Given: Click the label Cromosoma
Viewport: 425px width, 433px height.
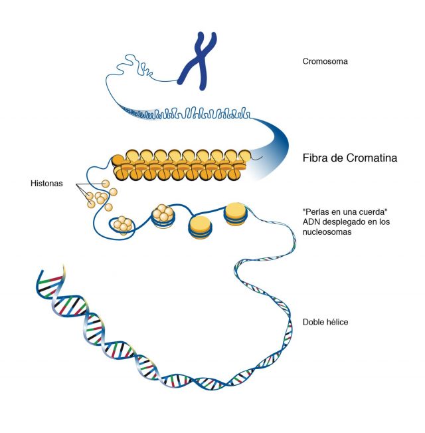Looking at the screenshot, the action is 325,61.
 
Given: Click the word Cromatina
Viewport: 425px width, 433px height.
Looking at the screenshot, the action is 371,158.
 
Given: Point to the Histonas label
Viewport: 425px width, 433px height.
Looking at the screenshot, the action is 46,184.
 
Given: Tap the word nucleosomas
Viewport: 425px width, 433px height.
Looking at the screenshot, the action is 327,231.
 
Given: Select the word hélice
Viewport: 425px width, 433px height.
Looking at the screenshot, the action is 337,322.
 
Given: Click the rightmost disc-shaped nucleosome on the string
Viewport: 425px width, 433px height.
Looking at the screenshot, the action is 235,214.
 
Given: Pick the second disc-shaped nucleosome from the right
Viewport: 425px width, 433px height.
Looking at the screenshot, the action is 200,227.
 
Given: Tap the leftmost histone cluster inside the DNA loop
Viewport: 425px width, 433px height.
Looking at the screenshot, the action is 122,224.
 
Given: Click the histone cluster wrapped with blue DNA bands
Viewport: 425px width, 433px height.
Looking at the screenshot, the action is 163,216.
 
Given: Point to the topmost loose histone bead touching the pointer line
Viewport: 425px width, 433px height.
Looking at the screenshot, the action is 106,184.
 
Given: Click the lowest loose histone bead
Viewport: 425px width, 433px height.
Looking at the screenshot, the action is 109,207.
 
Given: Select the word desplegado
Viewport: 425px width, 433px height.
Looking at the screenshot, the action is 344,221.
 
